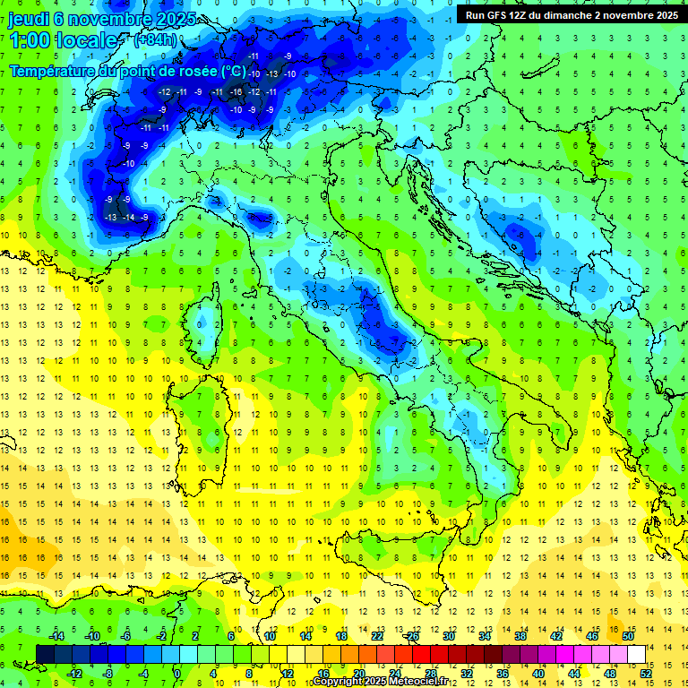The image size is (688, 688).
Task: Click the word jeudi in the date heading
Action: (x=30, y=18)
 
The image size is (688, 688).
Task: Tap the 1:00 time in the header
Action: (x=31, y=40)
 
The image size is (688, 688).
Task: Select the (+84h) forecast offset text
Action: (x=155, y=40)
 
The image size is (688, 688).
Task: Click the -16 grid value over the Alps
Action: (x=236, y=92)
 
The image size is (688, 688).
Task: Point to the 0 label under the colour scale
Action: (x=176, y=674)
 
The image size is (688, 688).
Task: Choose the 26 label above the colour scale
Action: (x=413, y=636)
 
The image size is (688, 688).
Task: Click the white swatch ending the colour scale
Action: (x=636, y=654)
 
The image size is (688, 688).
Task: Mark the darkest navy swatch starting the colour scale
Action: (x=45, y=654)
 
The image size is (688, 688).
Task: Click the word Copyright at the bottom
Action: (x=338, y=682)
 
